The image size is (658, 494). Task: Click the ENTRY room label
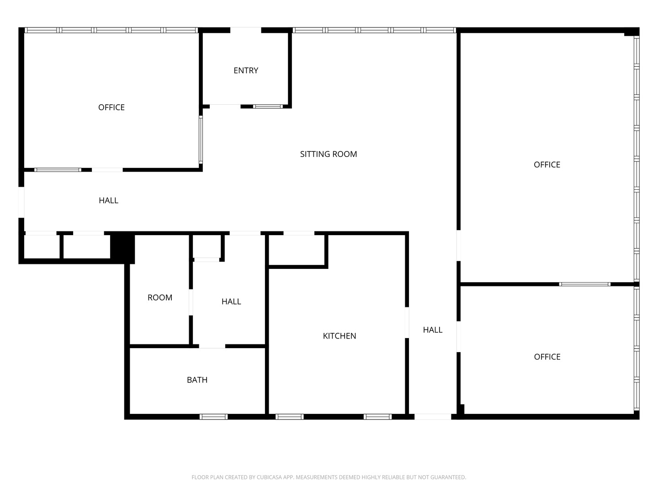pos(246,70)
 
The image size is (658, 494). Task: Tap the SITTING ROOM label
pos(329,154)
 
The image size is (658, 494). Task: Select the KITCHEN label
pos(340,336)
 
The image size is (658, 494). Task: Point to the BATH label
pos(197,380)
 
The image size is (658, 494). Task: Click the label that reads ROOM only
pos(160,297)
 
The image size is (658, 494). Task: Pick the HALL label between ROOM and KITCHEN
pos(231,301)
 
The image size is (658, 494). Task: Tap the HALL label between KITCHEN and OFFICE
pos(433,330)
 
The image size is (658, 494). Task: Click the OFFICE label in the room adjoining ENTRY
pos(111,107)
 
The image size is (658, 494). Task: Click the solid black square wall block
pos(122,248)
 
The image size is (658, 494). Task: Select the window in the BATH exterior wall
pos(213,417)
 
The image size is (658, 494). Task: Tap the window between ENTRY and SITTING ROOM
pos(268,107)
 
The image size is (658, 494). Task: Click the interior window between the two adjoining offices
pos(584,284)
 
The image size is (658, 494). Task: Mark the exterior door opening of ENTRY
pos(245,30)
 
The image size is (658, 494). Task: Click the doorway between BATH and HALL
pos(212,346)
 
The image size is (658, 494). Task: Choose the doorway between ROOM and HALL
pos(191,302)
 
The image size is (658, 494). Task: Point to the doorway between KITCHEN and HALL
pos(407,322)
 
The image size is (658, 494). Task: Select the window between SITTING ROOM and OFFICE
pos(201,140)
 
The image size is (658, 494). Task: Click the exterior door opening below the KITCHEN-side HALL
pos(433,417)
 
